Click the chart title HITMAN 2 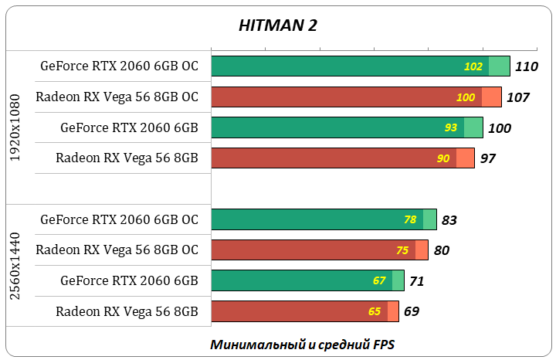pos(278,25)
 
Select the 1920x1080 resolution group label pos(15,127)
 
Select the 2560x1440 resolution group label pos(15,265)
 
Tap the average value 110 pos(526,66)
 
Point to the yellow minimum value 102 pos(473,66)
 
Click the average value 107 pos(517,97)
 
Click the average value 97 pos(487,158)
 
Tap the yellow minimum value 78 pos(410,219)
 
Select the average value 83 pos(449,220)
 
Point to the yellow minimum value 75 pos(402,250)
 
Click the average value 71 pos(416,281)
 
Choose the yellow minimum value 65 pos(375,311)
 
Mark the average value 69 pos(412,312)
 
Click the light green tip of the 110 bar pos(500,66)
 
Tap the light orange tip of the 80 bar pos(422,250)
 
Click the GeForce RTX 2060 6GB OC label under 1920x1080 pos(120,66)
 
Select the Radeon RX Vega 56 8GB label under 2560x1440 pos(127,311)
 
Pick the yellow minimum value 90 pos(444,158)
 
